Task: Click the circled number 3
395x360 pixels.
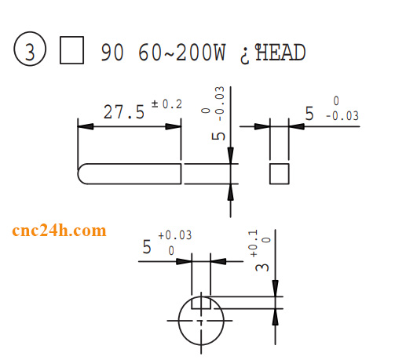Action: (x=30, y=53)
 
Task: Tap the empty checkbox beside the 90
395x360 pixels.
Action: (x=72, y=53)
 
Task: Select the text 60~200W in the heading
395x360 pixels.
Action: (x=181, y=53)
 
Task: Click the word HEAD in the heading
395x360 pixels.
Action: (x=280, y=53)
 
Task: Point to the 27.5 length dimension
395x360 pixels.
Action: (x=124, y=112)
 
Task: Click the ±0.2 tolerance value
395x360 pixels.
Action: (x=166, y=104)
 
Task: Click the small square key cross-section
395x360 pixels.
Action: (x=279, y=173)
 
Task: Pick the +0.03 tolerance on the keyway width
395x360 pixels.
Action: (x=174, y=235)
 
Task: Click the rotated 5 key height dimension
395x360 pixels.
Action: (x=221, y=133)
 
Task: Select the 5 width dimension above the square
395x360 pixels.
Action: (x=309, y=115)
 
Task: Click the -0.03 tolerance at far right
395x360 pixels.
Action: (x=341, y=116)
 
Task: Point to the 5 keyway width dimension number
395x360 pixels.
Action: (x=146, y=248)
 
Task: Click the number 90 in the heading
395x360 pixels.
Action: (x=112, y=53)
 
